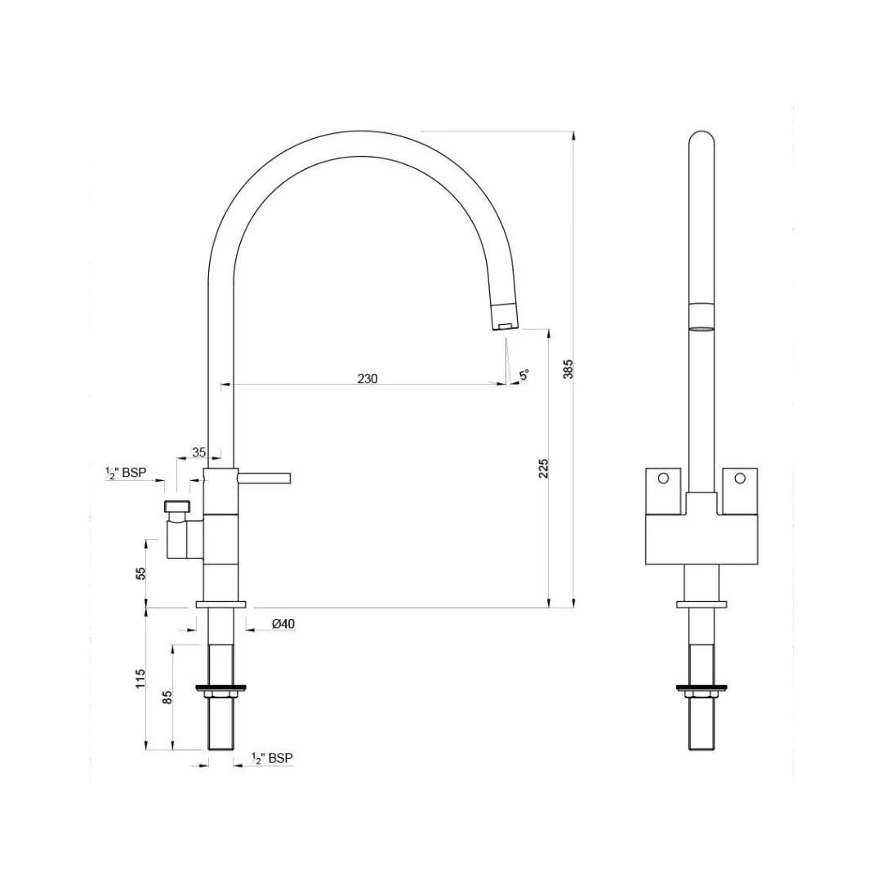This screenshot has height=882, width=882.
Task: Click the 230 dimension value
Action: [367, 378]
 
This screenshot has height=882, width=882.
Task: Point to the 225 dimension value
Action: [544, 468]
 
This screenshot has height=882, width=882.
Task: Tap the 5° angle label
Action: [524, 375]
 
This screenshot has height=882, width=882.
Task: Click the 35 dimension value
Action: [199, 452]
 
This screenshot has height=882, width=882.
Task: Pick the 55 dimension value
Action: [141, 573]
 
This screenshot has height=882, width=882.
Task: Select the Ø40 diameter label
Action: [283, 624]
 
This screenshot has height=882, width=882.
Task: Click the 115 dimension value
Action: [140, 677]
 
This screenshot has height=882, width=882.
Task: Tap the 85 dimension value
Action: [167, 697]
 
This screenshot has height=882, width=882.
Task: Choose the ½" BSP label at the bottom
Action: [272, 759]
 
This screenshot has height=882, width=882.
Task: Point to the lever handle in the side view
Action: [264, 477]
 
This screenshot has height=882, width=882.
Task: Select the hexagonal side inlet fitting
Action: [176, 506]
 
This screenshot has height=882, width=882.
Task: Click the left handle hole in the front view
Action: [663, 478]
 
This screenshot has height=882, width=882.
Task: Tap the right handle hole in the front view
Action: [740, 478]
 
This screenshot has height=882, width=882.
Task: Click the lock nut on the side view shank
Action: [221, 695]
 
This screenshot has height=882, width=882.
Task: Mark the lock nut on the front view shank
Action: [701, 695]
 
